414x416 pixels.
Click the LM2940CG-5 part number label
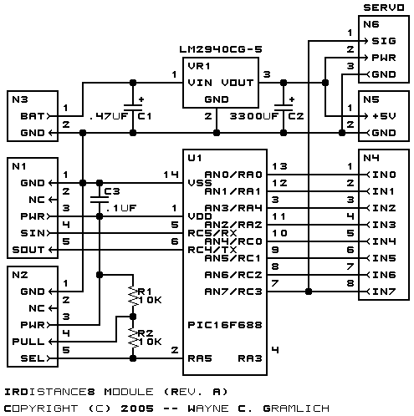coord(221,49)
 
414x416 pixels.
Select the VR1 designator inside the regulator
coord(199,66)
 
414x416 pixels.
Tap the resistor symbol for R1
coord(133,296)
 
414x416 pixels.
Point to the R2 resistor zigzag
coord(133,337)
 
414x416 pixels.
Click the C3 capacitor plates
coord(100,200)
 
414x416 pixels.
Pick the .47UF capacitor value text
coord(109,116)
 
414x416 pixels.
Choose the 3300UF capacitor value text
coord(254,116)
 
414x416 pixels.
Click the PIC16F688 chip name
coord(225,325)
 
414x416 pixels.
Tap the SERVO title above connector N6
coord(384,8)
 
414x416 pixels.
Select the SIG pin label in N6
coord(384,41)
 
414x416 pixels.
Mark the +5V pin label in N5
coord(384,116)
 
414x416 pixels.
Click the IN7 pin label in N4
coord(384,292)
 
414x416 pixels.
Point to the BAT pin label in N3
coord(33,116)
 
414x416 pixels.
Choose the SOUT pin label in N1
coord(28,250)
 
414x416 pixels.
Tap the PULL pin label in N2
coord(28,342)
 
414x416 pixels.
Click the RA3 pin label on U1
coord(250,358)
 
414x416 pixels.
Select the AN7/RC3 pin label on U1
coord(233,292)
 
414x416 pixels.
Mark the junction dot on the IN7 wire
coord(309,292)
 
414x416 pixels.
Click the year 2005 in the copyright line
coord(137,408)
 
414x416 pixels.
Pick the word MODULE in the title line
coord(129,392)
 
